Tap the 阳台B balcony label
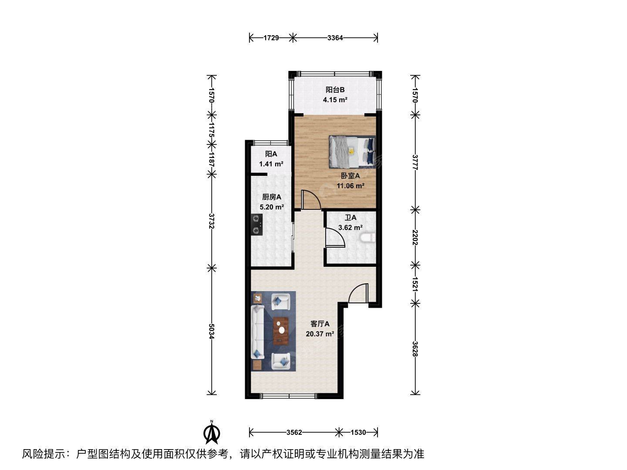click(x=335, y=90)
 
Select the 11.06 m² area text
click(x=350, y=186)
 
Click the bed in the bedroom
click(x=352, y=151)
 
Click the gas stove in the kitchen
click(x=57, y=225)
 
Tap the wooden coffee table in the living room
click(x=281, y=330)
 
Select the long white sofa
click(x=257, y=332)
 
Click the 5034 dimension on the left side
click(x=211, y=331)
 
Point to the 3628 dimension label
click(x=415, y=349)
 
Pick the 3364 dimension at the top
click(x=335, y=38)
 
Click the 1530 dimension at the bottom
click(x=358, y=432)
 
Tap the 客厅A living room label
click(x=320, y=324)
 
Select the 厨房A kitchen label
click(x=271, y=197)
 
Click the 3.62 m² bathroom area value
click(x=350, y=228)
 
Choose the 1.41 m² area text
click(x=271, y=164)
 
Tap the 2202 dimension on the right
click(x=415, y=238)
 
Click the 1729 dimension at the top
click(x=271, y=38)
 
